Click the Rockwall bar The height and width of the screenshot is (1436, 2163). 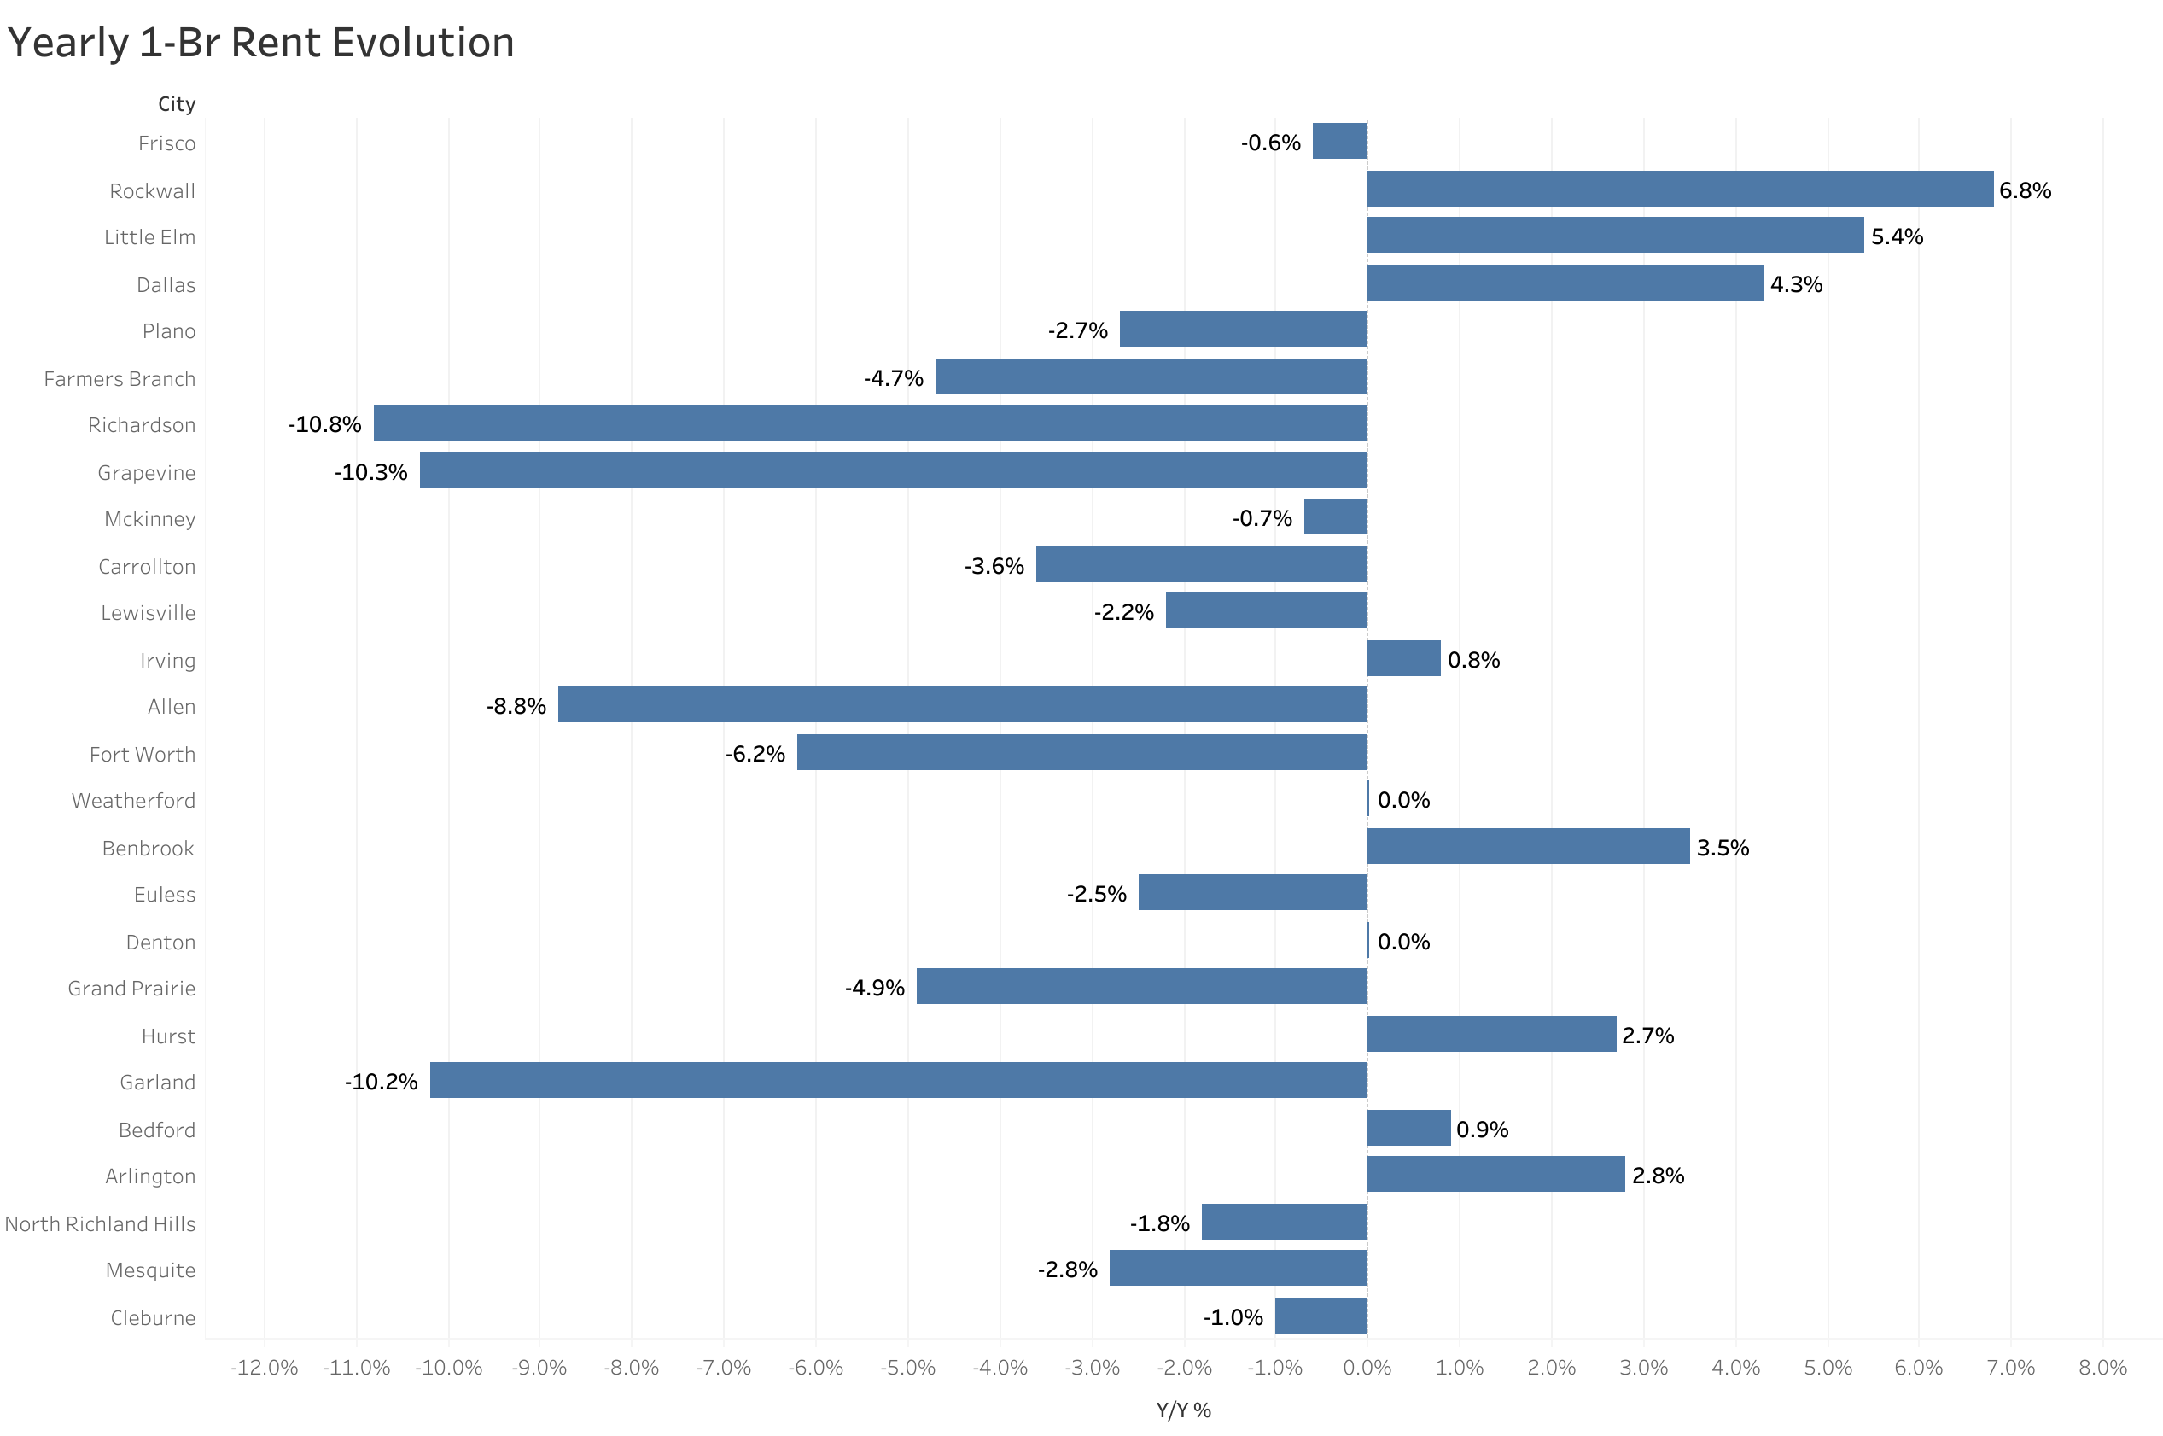coord(1679,189)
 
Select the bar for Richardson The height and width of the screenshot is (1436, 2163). coord(870,423)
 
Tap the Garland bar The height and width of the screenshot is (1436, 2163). coord(898,1080)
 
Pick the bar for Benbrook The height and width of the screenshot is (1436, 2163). coord(1528,845)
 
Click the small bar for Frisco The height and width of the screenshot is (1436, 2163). coord(1339,141)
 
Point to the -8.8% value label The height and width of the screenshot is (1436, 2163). coord(516,706)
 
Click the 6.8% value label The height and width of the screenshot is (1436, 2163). coord(2024,190)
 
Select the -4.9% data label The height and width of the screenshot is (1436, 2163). coord(874,987)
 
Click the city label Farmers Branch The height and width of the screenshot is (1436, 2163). coord(120,378)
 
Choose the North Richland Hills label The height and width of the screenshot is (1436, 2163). coord(100,1223)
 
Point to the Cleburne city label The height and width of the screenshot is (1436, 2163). coord(153,1317)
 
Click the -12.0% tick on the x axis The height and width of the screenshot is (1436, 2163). coord(264,1368)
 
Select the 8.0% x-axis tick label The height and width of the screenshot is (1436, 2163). coord(2102,1368)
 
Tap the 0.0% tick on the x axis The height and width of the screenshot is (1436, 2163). coord(1367,1368)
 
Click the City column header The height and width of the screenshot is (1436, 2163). coord(177,103)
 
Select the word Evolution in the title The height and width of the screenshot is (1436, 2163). coord(416,42)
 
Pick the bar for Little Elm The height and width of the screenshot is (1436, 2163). coord(1615,236)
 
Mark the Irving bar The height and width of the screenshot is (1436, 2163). coord(1403,657)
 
